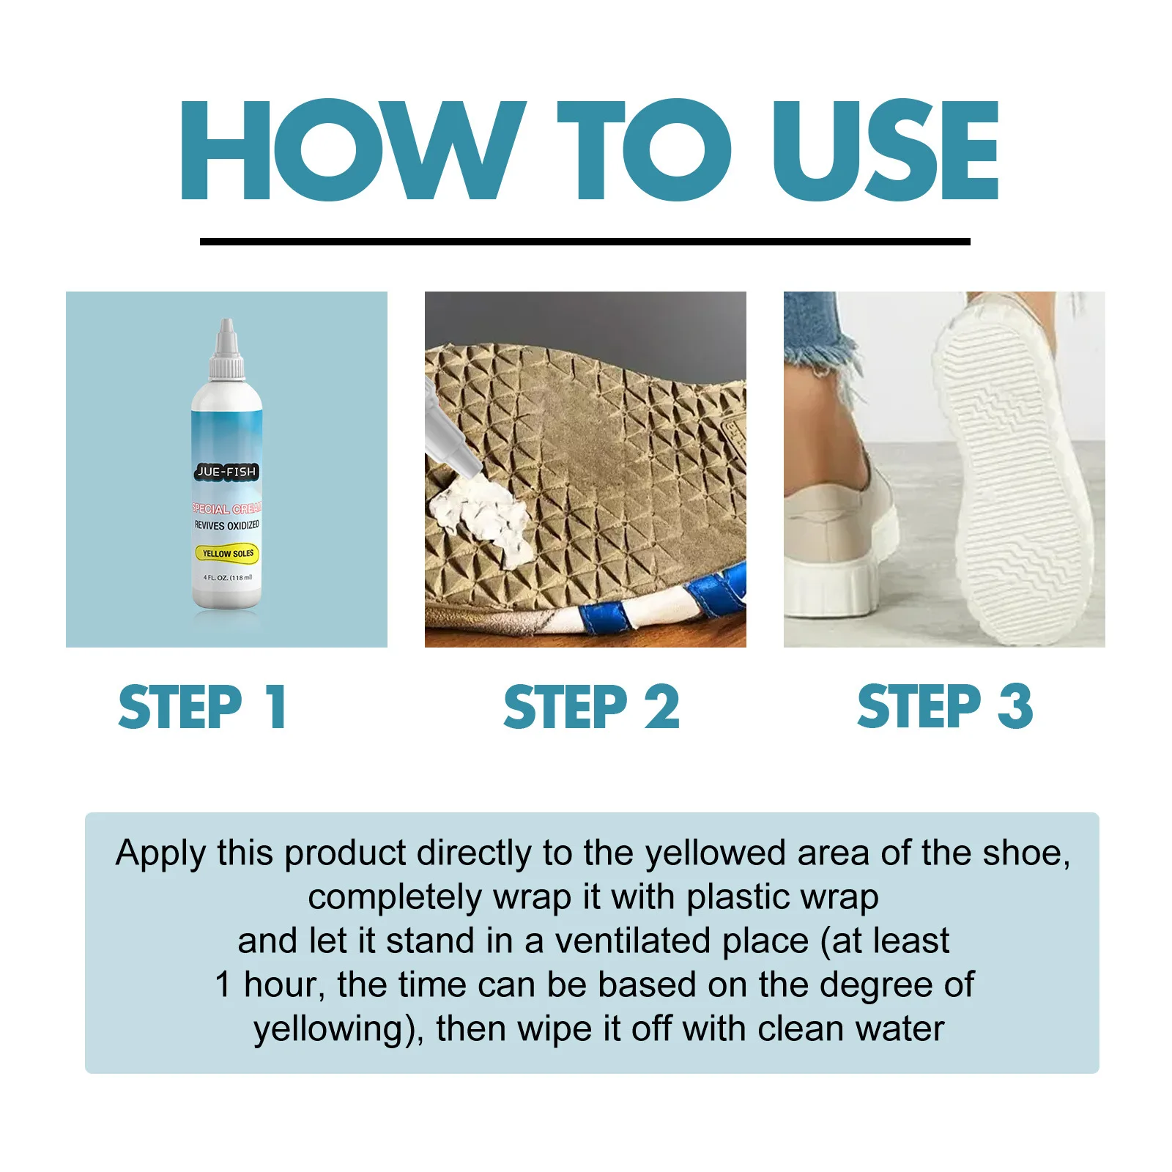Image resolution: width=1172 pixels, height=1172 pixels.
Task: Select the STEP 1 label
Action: pyautogui.click(x=202, y=707)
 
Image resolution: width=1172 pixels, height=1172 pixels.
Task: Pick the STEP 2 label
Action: pyautogui.click(x=592, y=707)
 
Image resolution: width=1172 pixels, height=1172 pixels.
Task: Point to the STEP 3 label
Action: pyautogui.click(x=945, y=707)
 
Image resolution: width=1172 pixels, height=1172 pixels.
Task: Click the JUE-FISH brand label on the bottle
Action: pyautogui.click(x=226, y=472)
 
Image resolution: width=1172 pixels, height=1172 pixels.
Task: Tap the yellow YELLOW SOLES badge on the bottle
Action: pyautogui.click(x=227, y=554)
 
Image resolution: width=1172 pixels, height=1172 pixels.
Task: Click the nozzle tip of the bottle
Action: pyautogui.click(x=227, y=324)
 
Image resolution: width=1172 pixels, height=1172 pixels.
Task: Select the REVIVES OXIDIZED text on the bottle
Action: pyautogui.click(x=226, y=525)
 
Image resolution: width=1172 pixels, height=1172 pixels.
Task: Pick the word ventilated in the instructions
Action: pyautogui.click(x=632, y=941)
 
